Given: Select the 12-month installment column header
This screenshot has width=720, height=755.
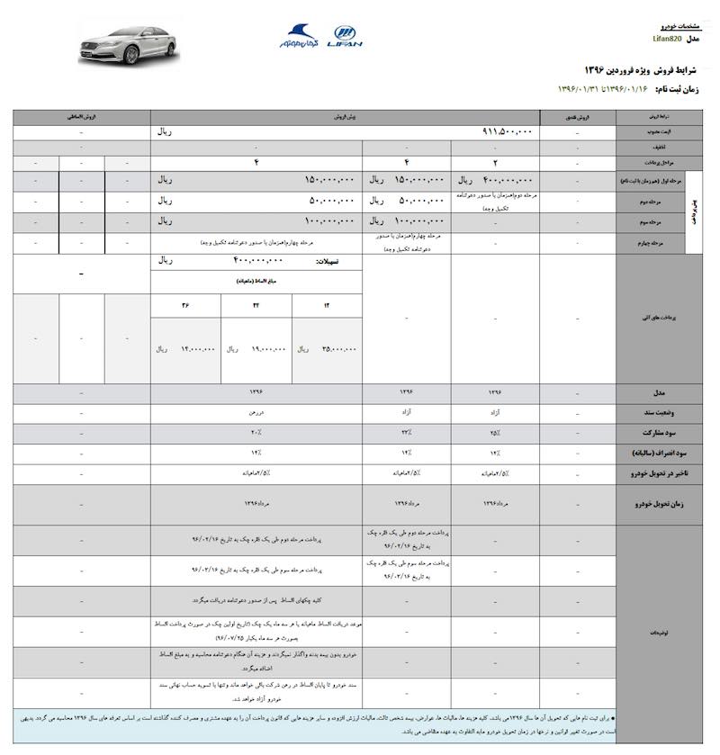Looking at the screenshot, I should [327, 305].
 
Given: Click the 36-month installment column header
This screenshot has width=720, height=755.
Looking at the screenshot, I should [185, 305].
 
